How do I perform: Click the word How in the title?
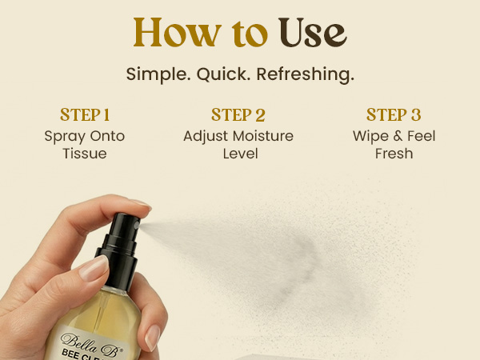pos(178,33)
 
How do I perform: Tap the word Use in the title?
pos(313,33)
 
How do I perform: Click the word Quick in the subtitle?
pos(223,74)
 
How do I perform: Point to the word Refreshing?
pos(306,74)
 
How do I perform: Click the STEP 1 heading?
pos(85,114)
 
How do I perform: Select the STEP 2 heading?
pos(238,114)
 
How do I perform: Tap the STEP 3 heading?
pos(394,114)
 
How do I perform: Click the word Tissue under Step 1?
pos(85,154)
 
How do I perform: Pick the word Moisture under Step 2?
pos(262,136)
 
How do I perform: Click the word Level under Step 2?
pos(240,154)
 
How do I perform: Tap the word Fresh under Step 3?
pos(394,154)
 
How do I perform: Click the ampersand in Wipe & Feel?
pos(398,136)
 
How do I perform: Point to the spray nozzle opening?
pos(137,226)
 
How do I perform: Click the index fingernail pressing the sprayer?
pos(142,203)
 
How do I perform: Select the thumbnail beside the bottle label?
pos(152,338)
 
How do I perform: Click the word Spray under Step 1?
pos(65,137)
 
